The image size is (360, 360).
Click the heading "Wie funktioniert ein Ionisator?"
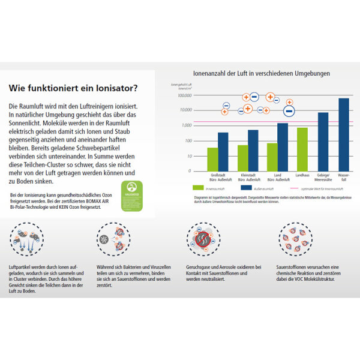point(73,88)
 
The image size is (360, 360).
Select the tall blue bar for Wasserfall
point(343,134)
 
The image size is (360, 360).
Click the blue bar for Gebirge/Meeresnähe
point(323,142)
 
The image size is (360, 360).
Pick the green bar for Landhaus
point(302,149)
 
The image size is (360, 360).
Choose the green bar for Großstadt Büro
point(212,159)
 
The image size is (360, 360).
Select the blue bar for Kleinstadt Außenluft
point(253,150)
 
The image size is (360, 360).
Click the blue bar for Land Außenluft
point(282,147)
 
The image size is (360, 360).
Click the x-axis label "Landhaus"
point(302,176)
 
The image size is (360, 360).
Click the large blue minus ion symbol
point(289,110)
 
